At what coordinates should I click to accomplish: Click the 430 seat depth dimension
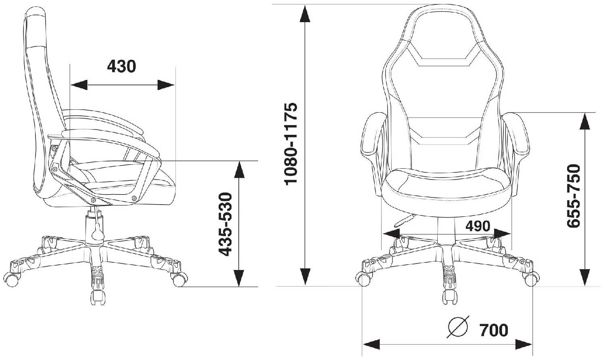[x=121, y=66]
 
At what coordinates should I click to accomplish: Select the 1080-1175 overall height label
[x=291, y=144]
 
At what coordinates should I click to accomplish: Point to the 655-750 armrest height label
[x=574, y=196]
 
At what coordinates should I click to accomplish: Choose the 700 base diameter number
[x=494, y=331]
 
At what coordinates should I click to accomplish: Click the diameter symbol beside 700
[x=458, y=327]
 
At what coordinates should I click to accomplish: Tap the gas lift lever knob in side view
[x=97, y=232]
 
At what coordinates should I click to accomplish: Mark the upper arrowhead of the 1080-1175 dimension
[x=305, y=14]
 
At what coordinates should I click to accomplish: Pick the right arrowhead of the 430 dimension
[x=166, y=85]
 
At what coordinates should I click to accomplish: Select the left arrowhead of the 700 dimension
[x=371, y=345]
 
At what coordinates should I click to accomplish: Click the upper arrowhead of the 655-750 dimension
[x=585, y=121]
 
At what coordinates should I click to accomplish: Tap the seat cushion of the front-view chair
[x=445, y=184]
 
